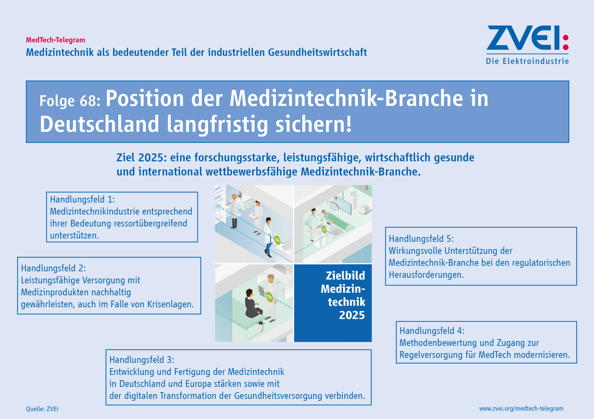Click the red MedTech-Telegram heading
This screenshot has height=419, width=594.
tap(55, 40)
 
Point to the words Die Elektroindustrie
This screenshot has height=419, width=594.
tap(527, 61)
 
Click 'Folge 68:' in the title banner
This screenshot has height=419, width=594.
tap(70, 101)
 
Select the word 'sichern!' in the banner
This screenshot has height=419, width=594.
tap(313, 124)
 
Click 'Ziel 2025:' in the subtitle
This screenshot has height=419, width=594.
tap(142, 158)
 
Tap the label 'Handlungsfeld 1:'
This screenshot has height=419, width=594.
tap(82, 199)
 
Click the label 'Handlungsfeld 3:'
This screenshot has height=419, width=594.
tap(142, 360)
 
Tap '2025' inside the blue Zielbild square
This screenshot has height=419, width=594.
tap(352, 315)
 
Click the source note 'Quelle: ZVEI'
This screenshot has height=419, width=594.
tap(42, 409)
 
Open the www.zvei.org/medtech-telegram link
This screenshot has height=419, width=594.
tap(521, 409)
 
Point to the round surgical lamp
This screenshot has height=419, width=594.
tap(333, 206)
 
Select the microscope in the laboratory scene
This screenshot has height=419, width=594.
tap(240, 194)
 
